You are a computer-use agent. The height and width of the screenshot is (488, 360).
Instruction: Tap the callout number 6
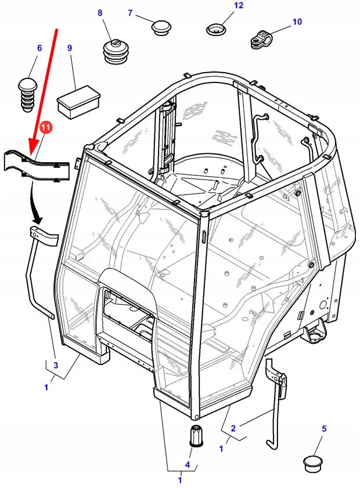click(39, 48)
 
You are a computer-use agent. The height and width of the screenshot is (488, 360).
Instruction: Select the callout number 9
click(70, 48)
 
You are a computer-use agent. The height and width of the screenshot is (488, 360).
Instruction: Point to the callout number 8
click(100, 13)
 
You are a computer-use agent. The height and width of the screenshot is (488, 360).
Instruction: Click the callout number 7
click(130, 13)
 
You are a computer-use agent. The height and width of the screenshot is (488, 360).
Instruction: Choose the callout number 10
click(297, 22)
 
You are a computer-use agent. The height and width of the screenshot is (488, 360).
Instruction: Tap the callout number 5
click(324, 429)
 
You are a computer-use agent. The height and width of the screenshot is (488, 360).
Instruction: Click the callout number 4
click(188, 464)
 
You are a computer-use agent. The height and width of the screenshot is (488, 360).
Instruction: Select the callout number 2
click(233, 429)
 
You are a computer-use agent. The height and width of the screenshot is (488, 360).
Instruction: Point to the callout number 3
click(56, 365)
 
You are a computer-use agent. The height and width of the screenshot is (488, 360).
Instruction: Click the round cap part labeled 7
click(160, 27)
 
